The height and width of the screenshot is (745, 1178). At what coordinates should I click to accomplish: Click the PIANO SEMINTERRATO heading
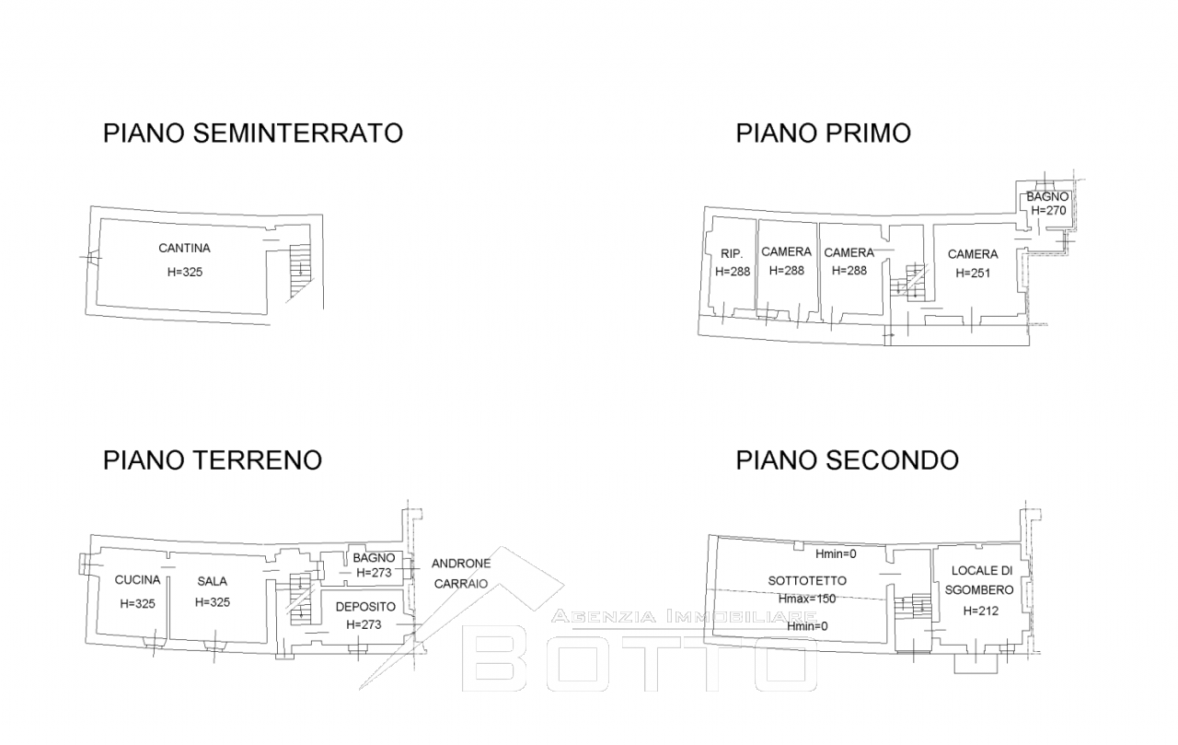pos(253,134)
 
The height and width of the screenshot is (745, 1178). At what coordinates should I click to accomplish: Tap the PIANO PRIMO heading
pos(823,134)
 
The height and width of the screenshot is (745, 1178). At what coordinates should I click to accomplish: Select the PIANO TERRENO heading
pos(213,460)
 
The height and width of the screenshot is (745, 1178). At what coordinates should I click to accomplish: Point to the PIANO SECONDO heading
pos(848,460)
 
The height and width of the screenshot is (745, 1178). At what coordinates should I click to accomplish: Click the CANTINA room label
pos(185,248)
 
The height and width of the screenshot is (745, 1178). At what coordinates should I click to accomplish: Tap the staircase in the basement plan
pos(300,271)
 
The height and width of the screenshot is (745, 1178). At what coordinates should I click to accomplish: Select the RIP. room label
pos(732,253)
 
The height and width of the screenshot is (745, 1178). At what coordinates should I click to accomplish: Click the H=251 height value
pos(973,274)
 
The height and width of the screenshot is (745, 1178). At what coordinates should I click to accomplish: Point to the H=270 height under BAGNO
pos(1048,211)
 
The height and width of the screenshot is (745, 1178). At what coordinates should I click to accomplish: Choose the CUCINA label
pos(137,580)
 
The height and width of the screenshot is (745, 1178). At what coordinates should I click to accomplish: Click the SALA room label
pos(213,581)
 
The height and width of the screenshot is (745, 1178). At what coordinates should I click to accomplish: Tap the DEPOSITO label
pos(365,607)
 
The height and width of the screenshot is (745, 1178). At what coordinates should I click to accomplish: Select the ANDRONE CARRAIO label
pos(461,574)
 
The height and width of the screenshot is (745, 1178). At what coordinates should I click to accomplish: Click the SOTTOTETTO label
pos(807,581)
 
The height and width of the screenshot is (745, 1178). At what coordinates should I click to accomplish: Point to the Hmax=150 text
pos(807,599)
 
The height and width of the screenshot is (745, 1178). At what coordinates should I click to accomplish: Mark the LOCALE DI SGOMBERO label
pos(980,580)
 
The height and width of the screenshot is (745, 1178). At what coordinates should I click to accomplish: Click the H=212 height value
pos(981,611)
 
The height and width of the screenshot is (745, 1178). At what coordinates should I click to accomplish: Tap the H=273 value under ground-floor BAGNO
pos(374,573)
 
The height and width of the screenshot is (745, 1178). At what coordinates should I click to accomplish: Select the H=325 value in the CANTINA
pos(185,272)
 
